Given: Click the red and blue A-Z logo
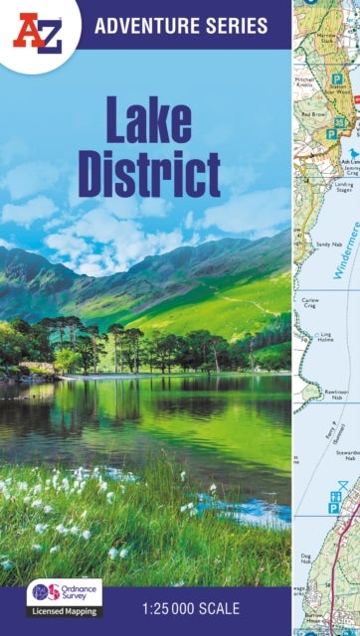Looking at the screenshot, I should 37,31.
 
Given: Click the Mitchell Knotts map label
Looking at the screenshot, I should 306,80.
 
